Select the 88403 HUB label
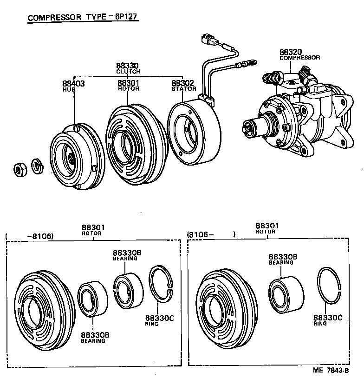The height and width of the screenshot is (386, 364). tap(73, 86)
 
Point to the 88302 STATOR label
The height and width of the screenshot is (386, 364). tap(183, 86)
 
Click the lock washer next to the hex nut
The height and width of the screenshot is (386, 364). tap(36, 165)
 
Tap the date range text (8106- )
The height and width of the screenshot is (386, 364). tap(211, 235)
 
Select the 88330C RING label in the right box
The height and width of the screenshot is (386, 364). tap(327, 320)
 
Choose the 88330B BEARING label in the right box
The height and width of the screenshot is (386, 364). tap(281, 260)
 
